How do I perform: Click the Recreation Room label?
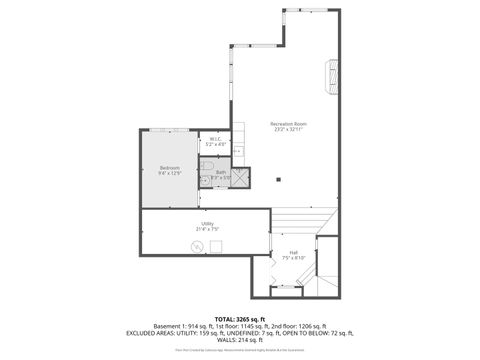(287, 122)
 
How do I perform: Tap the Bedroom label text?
(168, 168)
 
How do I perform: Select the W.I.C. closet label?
(216, 139)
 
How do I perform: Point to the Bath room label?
(221, 172)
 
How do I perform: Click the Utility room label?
(207, 223)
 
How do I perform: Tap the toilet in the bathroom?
(207, 167)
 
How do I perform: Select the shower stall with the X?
(243, 178)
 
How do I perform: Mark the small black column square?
(279, 180)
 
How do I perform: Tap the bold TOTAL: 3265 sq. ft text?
(241, 317)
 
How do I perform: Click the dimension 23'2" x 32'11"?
(287, 128)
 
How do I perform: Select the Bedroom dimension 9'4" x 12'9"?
(168, 174)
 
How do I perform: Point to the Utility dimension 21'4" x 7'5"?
(207, 229)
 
